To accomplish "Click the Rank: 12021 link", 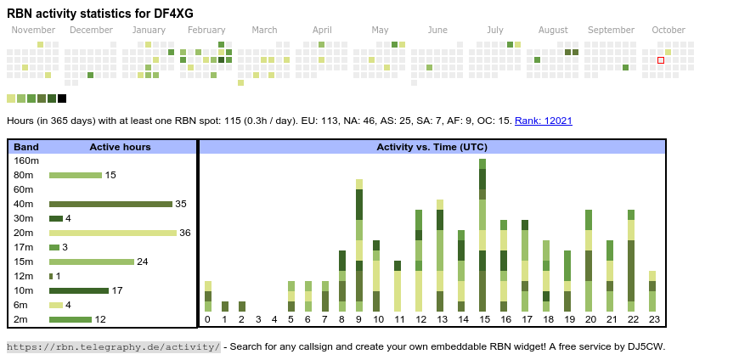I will point(543,121).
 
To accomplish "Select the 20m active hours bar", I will point(113,233).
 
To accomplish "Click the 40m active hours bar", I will point(110,204).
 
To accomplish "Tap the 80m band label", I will point(24,175).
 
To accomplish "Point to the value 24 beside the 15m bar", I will point(143,262).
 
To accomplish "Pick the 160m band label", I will point(26,160).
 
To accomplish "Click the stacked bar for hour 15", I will point(482,235).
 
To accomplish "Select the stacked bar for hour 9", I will point(359,245).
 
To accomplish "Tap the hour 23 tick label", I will point(652,319).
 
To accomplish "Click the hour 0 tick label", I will point(207,319).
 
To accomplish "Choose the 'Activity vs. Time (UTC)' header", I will point(432,147).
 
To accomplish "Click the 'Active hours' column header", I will point(120,147).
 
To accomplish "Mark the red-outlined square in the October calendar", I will point(661,60).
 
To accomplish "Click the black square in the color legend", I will point(62,98).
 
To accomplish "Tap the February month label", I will point(206,31).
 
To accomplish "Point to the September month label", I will point(611,31).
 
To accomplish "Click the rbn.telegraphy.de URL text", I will point(113,346).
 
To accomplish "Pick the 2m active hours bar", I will point(70,319).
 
